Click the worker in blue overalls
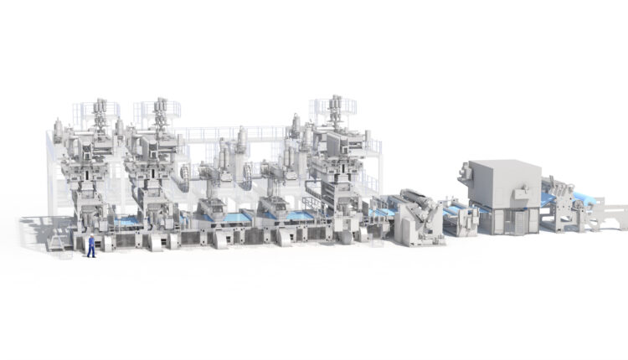pyautogui.click(x=91, y=245)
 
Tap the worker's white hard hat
pyautogui.click(x=91, y=235)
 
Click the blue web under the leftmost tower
pyautogui.click(x=126, y=224)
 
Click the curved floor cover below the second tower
pyautogui.click(x=157, y=243)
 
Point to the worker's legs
pyautogui.click(x=91, y=251)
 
